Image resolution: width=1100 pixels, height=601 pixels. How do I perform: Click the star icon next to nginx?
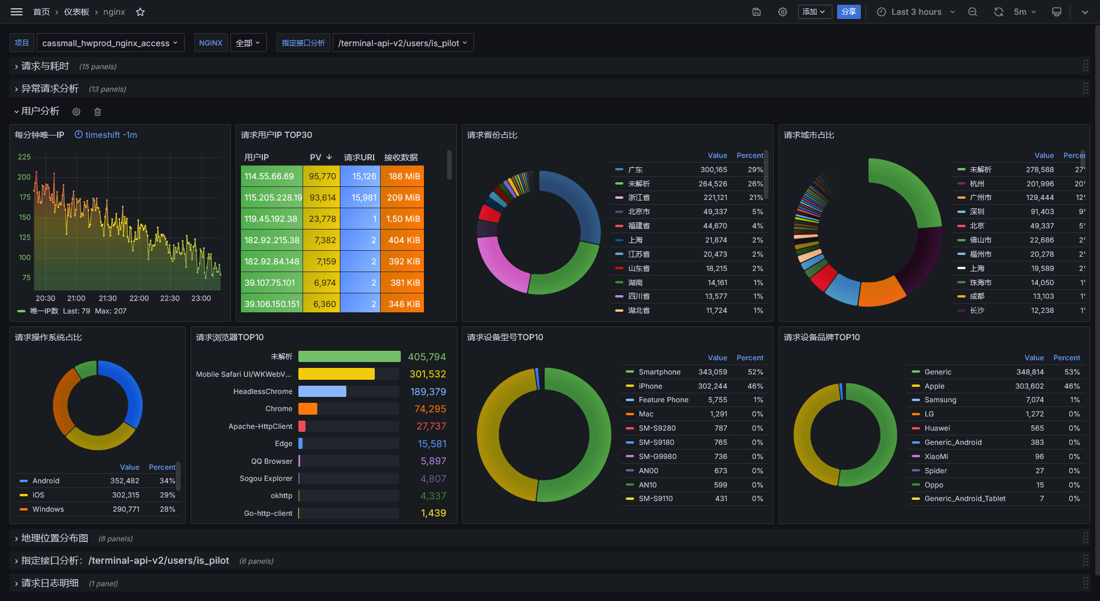coord(140,12)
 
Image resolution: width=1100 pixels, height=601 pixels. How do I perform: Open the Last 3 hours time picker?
coord(915,12)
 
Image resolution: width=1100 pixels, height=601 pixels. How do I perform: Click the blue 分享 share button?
coord(848,12)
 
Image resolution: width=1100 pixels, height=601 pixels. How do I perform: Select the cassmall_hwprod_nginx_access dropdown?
coord(110,43)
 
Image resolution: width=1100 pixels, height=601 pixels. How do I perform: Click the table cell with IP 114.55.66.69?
coord(269,176)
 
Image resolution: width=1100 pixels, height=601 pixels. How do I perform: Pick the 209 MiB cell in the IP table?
coord(403,198)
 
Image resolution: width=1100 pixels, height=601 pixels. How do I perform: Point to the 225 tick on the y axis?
coord(24,157)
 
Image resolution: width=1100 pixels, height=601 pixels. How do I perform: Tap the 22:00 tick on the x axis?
coord(139,298)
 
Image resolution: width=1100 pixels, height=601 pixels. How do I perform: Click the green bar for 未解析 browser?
coord(349,357)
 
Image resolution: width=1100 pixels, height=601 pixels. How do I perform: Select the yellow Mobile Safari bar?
coord(336,374)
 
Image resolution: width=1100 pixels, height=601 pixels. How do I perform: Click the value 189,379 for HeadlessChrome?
coord(428,392)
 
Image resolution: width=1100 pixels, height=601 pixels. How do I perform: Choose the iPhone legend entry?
coord(650,386)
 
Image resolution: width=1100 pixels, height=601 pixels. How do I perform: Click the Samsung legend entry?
coord(940,400)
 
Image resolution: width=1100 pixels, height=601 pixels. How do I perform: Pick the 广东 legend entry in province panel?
coord(635,170)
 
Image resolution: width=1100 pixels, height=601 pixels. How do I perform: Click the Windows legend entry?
coord(48,509)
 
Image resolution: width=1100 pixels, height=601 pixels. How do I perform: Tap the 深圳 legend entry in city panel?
coord(977,212)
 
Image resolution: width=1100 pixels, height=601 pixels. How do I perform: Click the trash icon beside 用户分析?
coord(98,112)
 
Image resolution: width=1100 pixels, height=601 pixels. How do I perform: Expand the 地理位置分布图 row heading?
coord(54,538)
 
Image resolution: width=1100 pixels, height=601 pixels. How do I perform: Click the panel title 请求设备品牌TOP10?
coord(822,337)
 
